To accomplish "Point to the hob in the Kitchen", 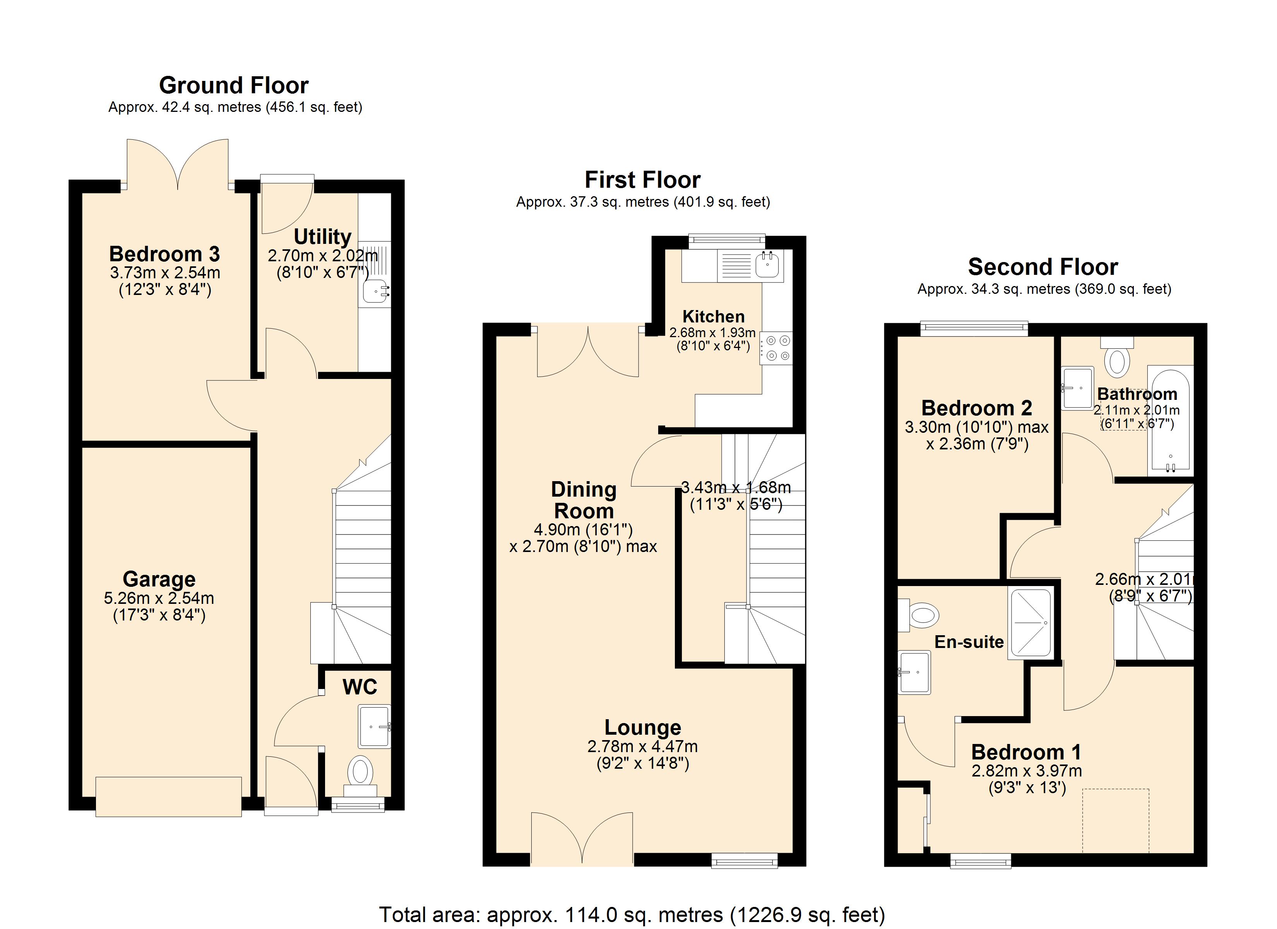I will (x=776, y=348).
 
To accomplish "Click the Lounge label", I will (x=642, y=727).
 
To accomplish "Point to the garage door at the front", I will (x=168, y=797).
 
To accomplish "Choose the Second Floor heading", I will (x=1043, y=267).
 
